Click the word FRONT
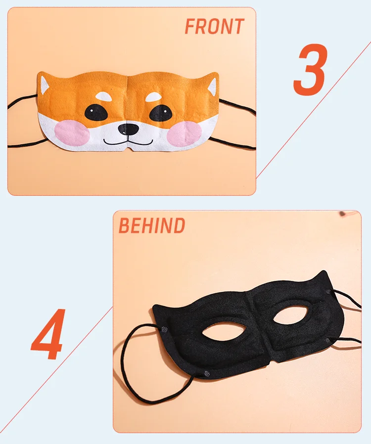click(214, 26)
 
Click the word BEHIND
click(152, 225)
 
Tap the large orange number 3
click(311, 70)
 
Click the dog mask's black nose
click(128, 129)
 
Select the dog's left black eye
click(96, 113)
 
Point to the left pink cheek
click(71, 133)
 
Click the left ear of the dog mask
click(45, 85)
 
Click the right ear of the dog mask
click(212, 87)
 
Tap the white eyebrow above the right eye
click(153, 97)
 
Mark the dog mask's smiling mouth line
click(128, 141)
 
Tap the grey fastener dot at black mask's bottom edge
click(207, 373)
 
